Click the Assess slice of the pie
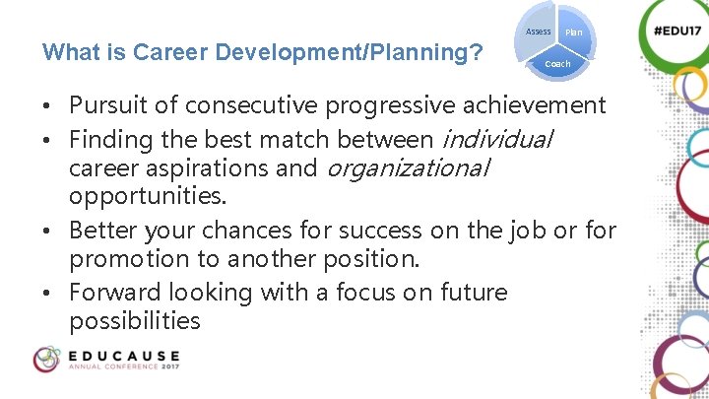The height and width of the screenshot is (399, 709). point(538,32)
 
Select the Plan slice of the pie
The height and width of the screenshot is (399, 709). point(574,33)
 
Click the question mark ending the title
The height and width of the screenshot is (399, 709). point(476,50)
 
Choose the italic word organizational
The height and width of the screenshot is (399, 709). point(407,167)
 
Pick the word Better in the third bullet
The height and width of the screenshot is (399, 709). point(103,231)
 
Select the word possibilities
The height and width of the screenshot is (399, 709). point(135,322)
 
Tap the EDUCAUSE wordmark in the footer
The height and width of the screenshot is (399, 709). point(123,355)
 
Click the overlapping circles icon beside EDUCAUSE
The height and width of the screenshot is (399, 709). point(46,360)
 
